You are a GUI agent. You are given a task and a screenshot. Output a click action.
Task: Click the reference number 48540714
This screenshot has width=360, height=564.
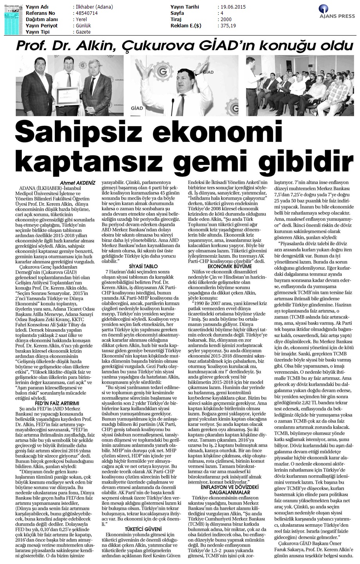[x=86, y=13]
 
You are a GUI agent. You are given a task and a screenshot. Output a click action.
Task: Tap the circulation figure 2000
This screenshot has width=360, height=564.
[x=226, y=20]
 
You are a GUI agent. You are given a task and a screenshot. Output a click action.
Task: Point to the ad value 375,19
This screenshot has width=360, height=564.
[x=228, y=26]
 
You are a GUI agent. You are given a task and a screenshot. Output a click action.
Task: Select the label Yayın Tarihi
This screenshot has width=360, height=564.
[x=185, y=7]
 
